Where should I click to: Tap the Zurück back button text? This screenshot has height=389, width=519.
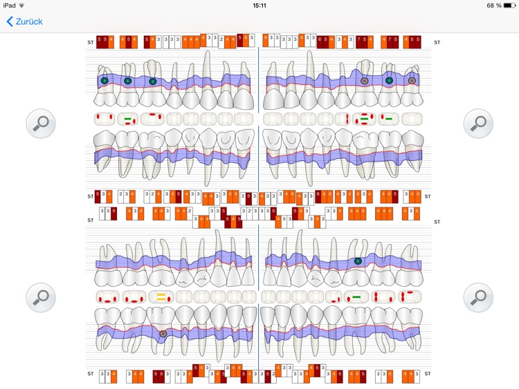(x=28, y=21)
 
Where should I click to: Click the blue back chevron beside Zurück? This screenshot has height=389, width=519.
(x=10, y=21)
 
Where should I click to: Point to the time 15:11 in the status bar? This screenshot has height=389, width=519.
(x=259, y=6)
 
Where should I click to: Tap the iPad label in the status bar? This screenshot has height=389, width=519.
(x=10, y=6)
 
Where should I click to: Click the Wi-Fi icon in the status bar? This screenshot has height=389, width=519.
(x=22, y=6)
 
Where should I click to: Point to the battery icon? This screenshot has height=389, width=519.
(x=509, y=6)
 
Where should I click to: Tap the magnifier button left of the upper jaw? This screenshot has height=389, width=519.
(x=41, y=124)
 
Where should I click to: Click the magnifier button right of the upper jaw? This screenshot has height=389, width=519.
(x=478, y=124)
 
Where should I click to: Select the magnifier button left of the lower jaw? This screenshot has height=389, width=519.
(x=41, y=298)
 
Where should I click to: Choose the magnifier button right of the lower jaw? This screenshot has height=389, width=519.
(x=478, y=298)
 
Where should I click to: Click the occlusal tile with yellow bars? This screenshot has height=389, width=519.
(x=161, y=298)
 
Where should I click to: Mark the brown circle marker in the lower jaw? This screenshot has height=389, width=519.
(x=163, y=334)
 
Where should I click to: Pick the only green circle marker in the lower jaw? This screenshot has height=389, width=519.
(x=358, y=261)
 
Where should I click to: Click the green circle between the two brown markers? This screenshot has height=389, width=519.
(x=389, y=81)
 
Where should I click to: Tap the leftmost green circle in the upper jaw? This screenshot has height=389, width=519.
(x=104, y=81)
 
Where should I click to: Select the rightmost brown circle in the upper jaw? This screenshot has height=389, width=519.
(x=412, y=81)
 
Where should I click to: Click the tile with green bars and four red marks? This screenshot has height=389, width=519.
(x=365, y=119)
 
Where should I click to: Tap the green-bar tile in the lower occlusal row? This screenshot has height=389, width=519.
(x=356, y=298)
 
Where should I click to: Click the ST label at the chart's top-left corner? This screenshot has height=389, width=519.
(x=90, y=42)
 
